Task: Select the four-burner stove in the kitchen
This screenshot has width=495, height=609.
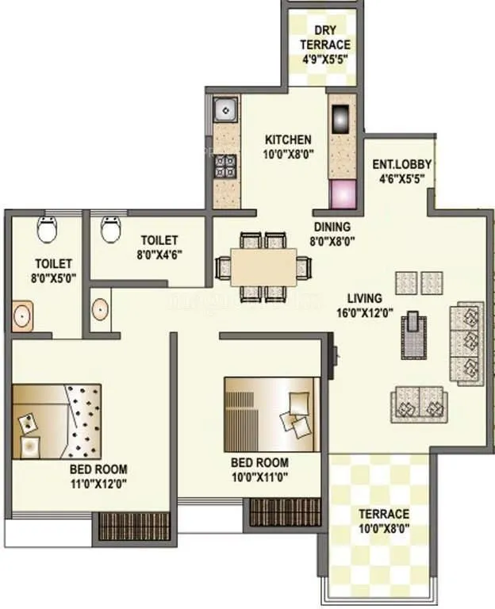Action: coord(226,165)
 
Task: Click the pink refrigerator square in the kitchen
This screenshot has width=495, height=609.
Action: coord(343,193)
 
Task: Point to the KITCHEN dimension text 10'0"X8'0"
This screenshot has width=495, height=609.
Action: coord(289,154)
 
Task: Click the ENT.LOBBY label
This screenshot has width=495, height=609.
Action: coord(401,165)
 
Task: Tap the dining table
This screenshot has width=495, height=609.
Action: coord(264,265)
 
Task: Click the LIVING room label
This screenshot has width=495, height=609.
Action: coord(364,298)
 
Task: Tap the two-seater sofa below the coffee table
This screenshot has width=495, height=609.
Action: coord(418,403)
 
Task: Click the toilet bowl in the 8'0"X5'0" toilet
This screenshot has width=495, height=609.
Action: coord(47,229)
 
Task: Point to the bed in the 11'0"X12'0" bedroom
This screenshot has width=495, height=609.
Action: coord(56,421)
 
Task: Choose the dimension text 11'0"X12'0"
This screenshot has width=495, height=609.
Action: coord(98,481)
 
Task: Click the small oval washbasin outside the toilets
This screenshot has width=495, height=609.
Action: coord(100,309)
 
